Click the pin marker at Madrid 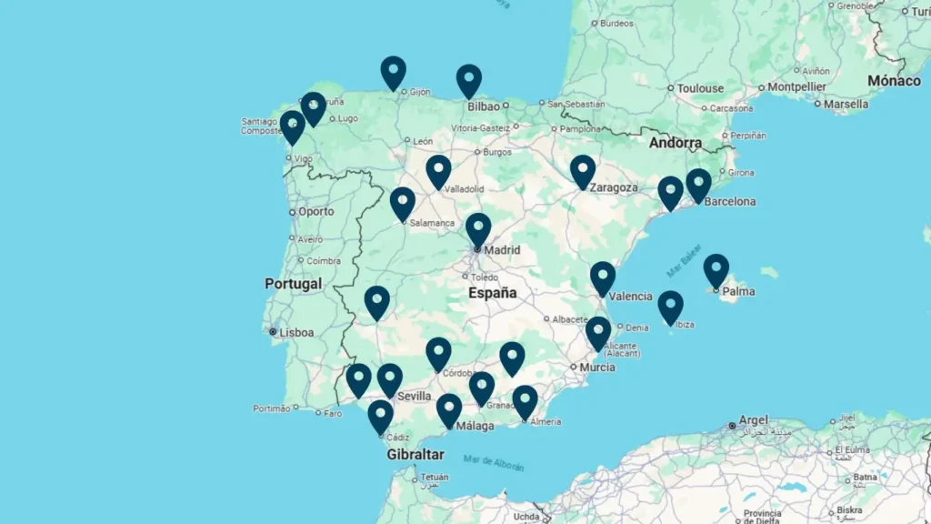pyautogui.click(x=478, y=228)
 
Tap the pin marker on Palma pyautogui.click(x=716, y=269)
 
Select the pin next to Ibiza pyautogui.click(x=670, y=307)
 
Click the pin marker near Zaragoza pyautogui.click(x=583, y=170)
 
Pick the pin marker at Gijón pyautogui.click(x=393, y=72)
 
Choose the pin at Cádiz pyautogui.click(x=380, y=416)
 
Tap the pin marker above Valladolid pyautogui.click(x=438, y=170)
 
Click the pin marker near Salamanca pyautogui.click(x=403, y=203)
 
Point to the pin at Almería pyautogui.click(x=525, y=401)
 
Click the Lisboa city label pyautogui.click(x=296, y=333)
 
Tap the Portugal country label pyautogui.click(x=293, y=284)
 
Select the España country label pyautogui.click(x=492, y=293)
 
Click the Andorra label pyautogui.click(x=675, y=143)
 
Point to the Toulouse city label pyautogui.click(x=701, y=88)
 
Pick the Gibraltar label pyautogui.click(x=415, y=454)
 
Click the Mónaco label pyautogui.click(x=894, y=81)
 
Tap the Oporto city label pyautogui.click(x=315, y=211)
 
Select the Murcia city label pyautogui.click(x=597, y=368)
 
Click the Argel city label pyautogui.click(x=754, y=420)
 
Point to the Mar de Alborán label pyautogui.click(x=493, y=463)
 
